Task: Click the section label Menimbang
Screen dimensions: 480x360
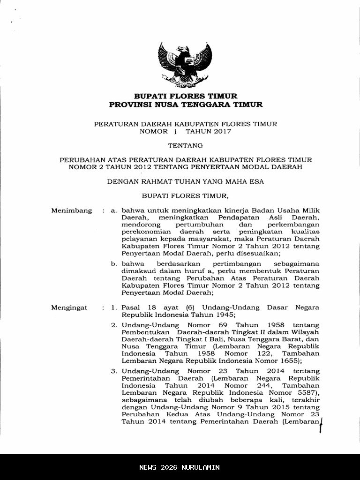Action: [x=71, y=211]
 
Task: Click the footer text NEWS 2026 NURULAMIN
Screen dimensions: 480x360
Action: [x=180, y=467]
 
